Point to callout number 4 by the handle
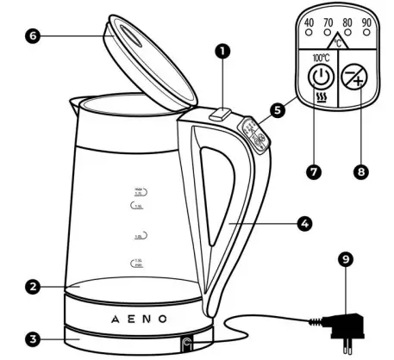click(303, 221)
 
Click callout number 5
click(277, 110)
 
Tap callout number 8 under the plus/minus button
click(360, 171)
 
